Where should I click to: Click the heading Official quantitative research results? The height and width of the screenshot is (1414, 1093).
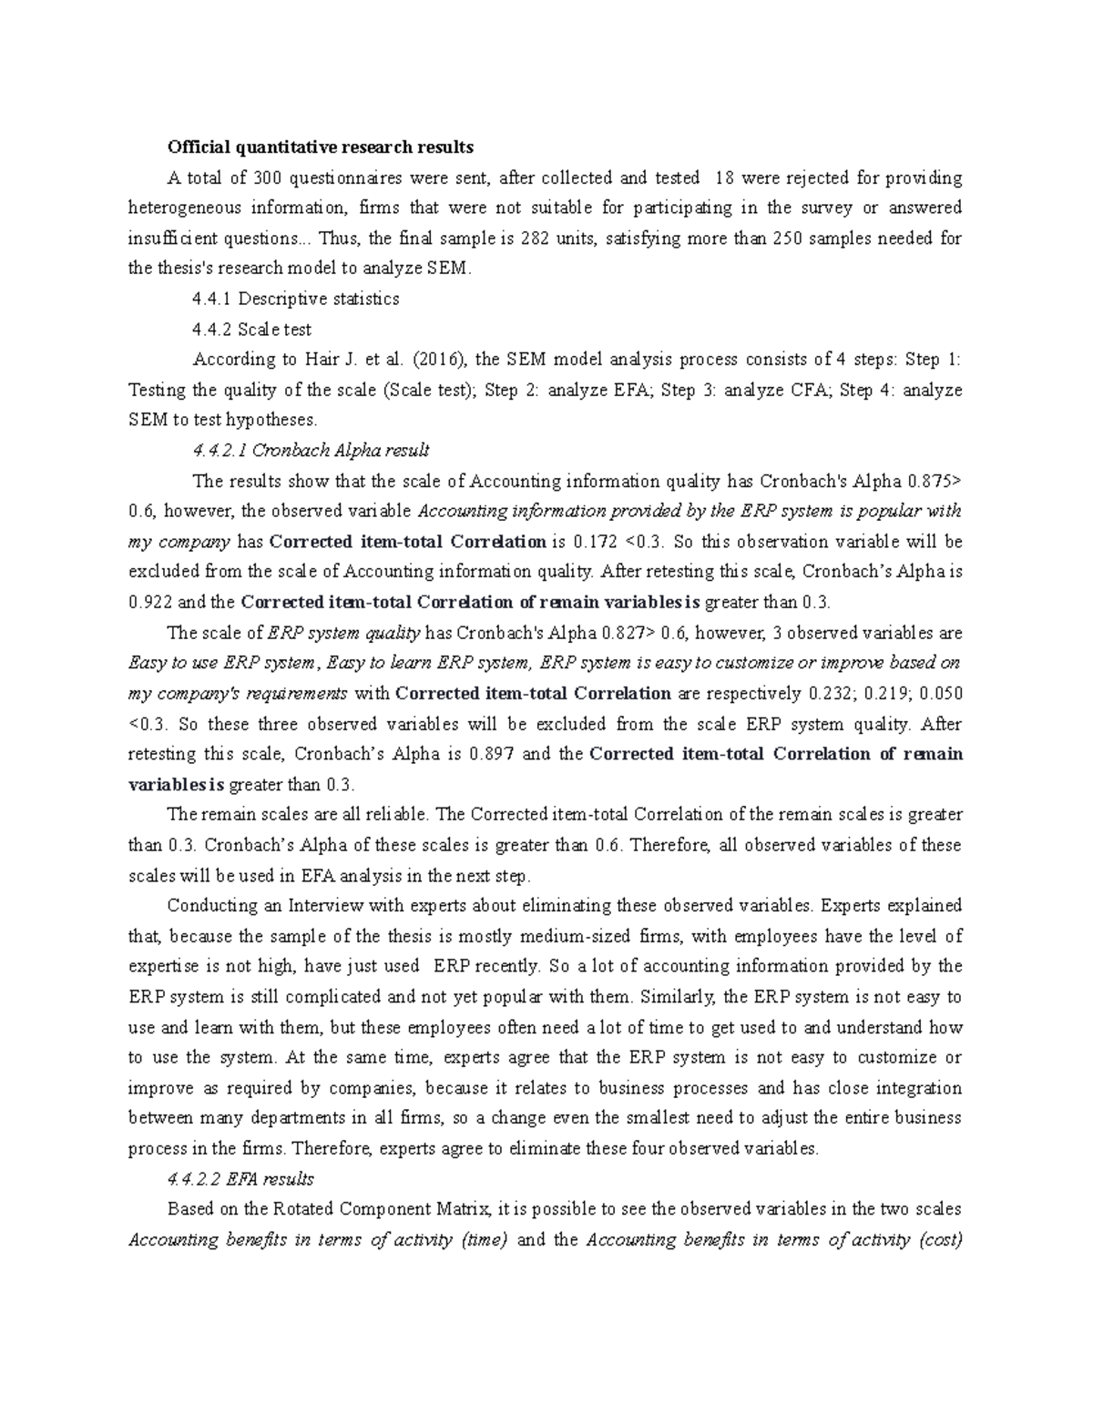320,147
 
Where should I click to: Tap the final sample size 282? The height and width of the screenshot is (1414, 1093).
536,239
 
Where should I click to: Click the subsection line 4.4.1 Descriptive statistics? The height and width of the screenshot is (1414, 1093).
296,299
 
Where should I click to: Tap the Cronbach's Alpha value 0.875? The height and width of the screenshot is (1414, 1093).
932,481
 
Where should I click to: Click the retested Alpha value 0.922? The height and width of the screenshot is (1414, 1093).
149,603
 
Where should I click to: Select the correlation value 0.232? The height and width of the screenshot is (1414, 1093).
833,694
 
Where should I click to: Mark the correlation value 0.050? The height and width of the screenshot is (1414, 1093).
941,694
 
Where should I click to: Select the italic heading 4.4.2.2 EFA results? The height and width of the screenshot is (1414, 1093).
240,1179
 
